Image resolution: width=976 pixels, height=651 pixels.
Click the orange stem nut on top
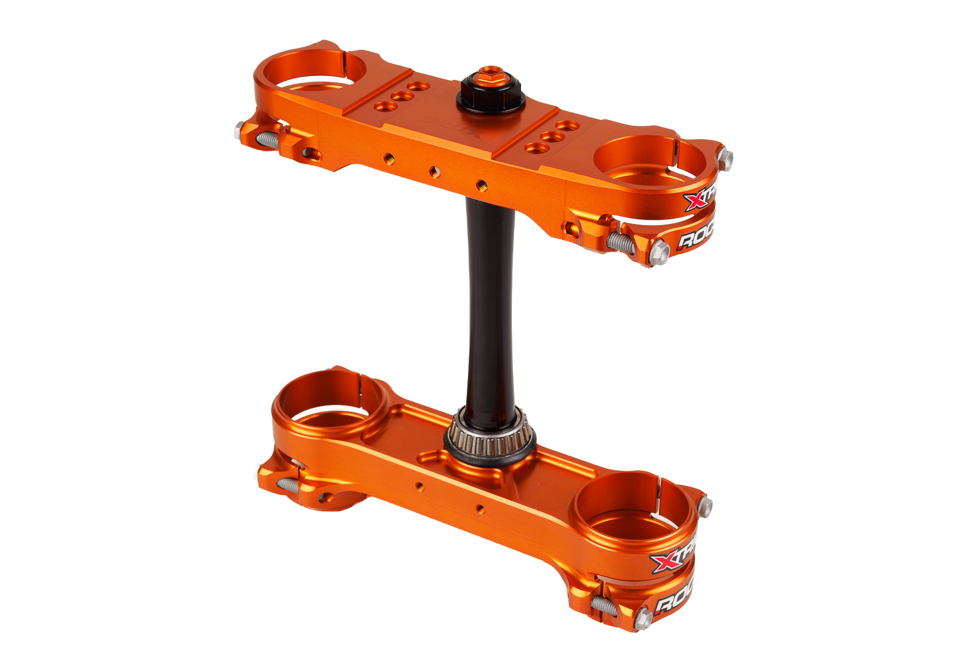[x=489, y=75]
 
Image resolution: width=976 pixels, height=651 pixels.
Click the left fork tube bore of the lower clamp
[x=330, y=401]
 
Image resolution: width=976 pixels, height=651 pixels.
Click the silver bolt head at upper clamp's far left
[x=239, y=130]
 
